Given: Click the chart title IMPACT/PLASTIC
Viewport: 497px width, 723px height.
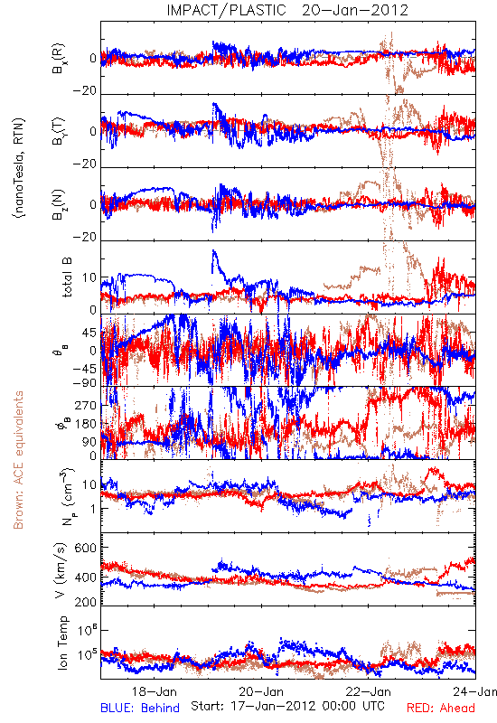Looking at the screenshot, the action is (227, 10).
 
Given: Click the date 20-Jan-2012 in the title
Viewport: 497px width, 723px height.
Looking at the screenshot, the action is (355, 10).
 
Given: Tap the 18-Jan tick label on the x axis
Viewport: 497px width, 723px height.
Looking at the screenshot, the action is (154, 691).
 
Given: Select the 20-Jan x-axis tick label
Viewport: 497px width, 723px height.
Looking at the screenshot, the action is (261, 691).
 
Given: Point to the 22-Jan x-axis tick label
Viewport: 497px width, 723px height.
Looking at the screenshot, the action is (369, 691).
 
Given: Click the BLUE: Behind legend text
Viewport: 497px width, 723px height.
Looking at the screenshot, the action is (140, 708).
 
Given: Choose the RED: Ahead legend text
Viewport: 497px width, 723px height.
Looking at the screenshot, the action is (440, 708).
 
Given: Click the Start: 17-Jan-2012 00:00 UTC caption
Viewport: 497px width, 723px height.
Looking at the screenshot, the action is (287, 706).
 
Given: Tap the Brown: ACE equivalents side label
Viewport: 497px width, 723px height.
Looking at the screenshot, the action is (18, 460).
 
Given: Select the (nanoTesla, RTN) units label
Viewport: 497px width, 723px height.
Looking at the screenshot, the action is (19, 168).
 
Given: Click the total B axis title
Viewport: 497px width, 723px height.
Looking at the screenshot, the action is (66, 277).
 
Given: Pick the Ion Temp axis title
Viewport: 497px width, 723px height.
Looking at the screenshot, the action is (62, 643).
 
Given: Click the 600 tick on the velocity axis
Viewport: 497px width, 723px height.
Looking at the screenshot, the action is (86, 548).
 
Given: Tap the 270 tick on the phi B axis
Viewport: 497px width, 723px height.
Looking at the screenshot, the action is (86, 406).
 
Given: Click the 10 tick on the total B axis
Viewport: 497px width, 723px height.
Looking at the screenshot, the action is (89, 278).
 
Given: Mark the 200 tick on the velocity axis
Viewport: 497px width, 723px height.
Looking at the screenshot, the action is (86, 602).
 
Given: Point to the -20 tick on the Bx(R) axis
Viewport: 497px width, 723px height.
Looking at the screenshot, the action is (84, 91).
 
